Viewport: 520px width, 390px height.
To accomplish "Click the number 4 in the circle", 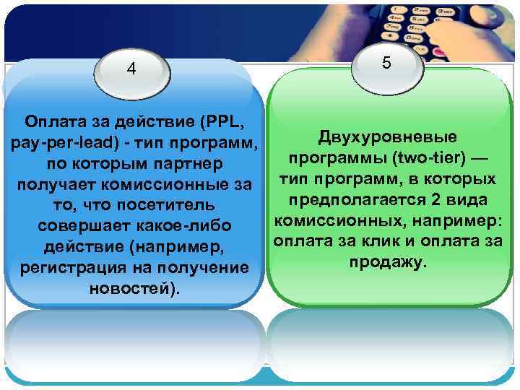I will [x=131, y=69].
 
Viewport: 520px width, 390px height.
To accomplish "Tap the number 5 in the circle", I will [x=387, y=64].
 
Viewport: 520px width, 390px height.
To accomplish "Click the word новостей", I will [x=130, y=290].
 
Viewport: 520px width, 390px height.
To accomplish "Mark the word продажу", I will [x=388, y=261].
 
